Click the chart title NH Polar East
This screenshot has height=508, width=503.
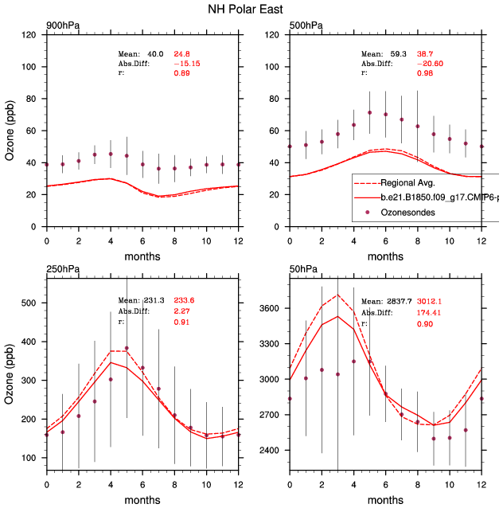[x=251, y=10]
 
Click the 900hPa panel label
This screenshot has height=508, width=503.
[x=62, y=26]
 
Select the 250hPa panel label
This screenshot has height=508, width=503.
[x=62, y=267]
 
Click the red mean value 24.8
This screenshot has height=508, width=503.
[x=182, y=53]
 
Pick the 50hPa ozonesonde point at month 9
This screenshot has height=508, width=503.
[x=434, y=439]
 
